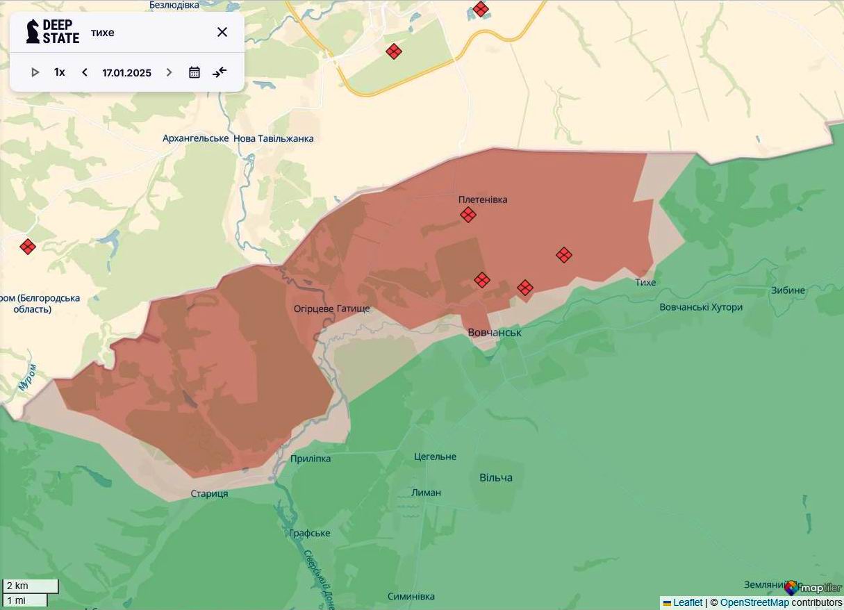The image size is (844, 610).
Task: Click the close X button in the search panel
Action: (222, 32)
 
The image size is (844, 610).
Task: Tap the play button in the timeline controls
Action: (35, 72)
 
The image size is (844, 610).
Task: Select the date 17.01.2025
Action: (126, 72)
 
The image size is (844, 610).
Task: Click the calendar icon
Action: (195, 72)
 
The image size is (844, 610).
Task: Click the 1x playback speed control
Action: (60, 72)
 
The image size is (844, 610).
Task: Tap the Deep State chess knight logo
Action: (33, 32)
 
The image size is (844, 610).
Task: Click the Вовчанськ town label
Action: (495, 333)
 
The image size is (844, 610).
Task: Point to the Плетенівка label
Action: (483, 199)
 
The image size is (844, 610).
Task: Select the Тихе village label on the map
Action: (645, 282)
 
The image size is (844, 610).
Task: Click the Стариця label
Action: (209, 494)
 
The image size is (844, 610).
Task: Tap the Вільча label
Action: (496, 477)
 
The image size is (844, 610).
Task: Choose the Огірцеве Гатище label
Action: (331, 308)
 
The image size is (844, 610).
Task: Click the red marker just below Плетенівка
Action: (468, 215)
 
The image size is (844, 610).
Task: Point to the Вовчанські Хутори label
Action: (701, 307)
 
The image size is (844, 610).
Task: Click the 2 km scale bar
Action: (31, 586)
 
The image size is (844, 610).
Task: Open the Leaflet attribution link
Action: (687, 602)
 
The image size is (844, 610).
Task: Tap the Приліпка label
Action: (311, 459)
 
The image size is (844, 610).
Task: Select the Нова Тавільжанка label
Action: (273, 138)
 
